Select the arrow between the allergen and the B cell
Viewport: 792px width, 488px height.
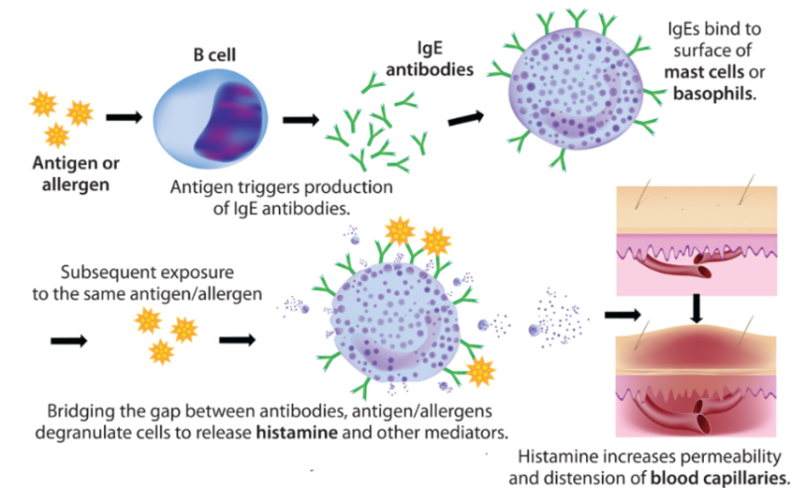tap(124, 117)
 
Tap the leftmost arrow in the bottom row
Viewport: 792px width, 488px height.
tap(65, 341)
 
